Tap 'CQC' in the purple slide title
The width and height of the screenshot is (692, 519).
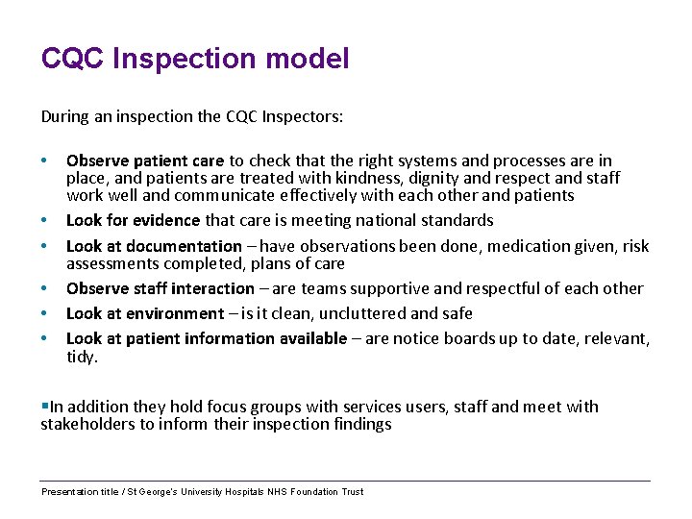click(73, 60)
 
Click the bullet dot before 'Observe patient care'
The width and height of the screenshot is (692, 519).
click(44, 161)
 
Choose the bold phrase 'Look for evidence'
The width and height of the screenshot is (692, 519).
click(134, 221)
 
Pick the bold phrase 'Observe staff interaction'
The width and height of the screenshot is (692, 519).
click(161, 288)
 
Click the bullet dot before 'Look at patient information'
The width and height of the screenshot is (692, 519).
click(44, 338)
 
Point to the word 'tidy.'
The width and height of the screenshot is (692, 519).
click(82, 357)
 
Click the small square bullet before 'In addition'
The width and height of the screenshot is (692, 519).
click(44, 407)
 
